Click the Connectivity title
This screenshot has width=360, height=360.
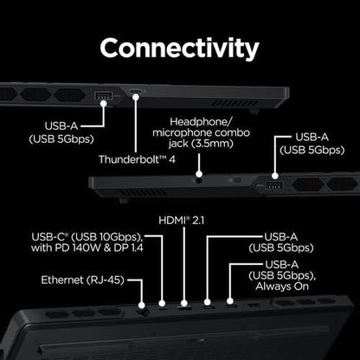point(179,48)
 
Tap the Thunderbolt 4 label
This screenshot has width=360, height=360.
point(137,159)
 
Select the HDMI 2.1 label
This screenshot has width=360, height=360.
point(181,221)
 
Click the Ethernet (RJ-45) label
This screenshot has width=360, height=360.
point(82,280)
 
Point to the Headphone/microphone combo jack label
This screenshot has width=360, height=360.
point(201,132)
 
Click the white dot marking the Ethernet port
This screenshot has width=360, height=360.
point(142,305)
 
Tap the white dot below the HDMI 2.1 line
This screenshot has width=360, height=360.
point(183,303)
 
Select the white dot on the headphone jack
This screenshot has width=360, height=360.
point(199,174)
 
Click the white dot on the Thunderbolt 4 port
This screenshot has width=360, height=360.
point(136,97)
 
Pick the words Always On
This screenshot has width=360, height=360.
point(282,286)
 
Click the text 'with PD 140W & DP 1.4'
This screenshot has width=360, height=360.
point(87,247)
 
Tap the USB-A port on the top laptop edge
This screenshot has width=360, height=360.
point(103,95)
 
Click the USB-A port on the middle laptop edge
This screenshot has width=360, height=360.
point(273,186)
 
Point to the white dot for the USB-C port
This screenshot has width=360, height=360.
point(162,303)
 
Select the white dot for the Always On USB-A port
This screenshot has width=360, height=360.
point(229,301)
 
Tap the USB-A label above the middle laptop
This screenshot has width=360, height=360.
point(312,138)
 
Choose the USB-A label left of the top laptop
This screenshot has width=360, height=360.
point(61,126)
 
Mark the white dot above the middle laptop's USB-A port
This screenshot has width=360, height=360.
point(275,176)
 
